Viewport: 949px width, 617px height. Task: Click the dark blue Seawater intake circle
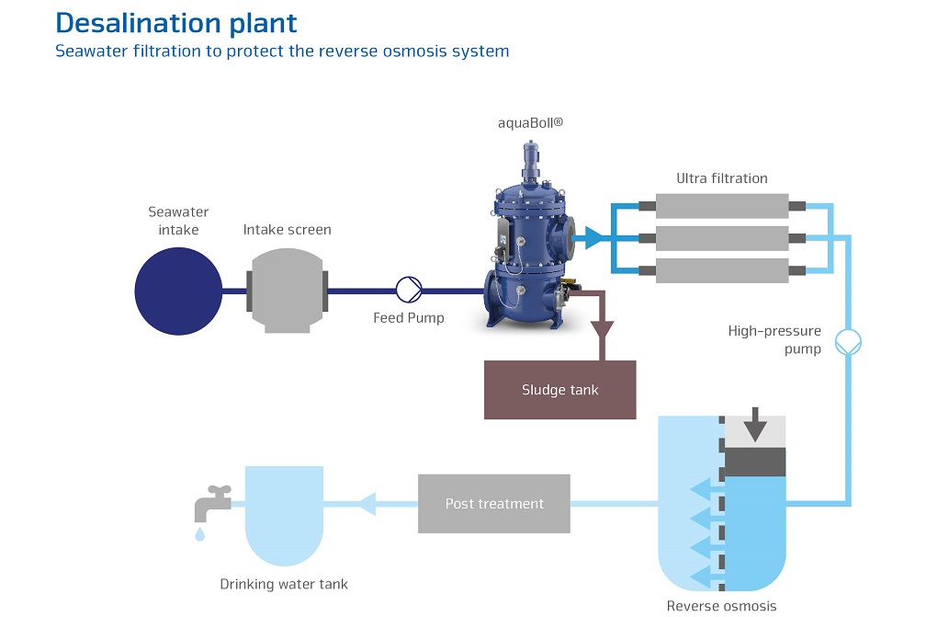point(178,291)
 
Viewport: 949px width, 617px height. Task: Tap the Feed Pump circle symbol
point(408,290)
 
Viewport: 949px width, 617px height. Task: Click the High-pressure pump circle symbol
point(847,343)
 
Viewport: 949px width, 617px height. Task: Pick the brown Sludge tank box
point(559,390)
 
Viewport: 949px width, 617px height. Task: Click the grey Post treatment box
point(494,504)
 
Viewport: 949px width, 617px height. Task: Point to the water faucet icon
point(210,503)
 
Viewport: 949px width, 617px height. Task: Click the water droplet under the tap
point(199,535)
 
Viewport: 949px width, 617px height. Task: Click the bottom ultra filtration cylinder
point(722,270)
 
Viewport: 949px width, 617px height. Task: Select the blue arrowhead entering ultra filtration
point(595,238)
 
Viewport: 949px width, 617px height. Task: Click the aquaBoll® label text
point(529,122)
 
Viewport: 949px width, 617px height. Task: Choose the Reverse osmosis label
point(721,605)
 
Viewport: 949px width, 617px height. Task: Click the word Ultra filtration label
point(721,178)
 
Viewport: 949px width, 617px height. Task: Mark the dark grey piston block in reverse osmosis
point(755,462)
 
